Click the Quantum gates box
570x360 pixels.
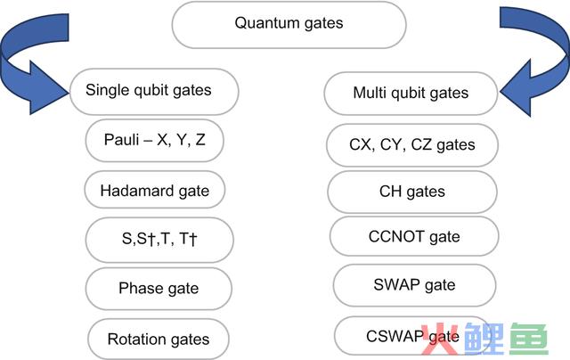288,25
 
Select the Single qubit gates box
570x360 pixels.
153,91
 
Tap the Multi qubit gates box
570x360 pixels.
410,94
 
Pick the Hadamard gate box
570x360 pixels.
154,191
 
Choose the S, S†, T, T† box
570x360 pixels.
159,240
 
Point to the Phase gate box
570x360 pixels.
159,289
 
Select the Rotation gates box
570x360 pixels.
158,339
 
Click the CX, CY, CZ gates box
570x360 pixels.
412,144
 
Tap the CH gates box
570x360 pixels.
412,192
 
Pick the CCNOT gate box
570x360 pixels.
413,237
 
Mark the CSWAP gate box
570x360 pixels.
412,336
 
